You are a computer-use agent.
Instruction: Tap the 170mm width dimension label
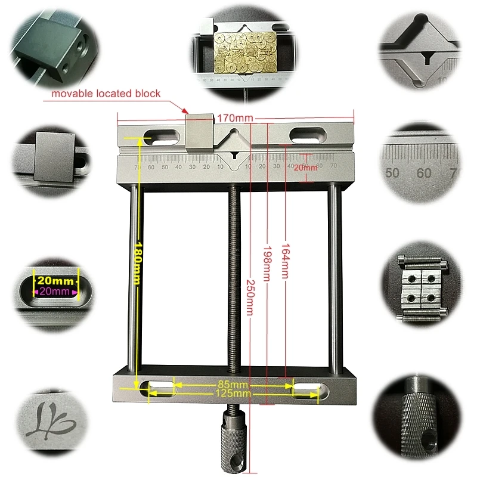pyautogui.click(x=236, y=118)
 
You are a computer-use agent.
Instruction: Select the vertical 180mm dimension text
pyautogui.click(x=138, y=263)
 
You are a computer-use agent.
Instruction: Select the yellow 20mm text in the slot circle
pyautogui.click(x=55, y=281)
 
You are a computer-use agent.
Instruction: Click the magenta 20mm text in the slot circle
pyautogui.click(x=55, y=292)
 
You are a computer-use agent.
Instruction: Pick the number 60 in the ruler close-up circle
pyautogui.click(x=425, y=174)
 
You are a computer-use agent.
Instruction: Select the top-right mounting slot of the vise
pyautogui.click(x=308, y=135)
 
